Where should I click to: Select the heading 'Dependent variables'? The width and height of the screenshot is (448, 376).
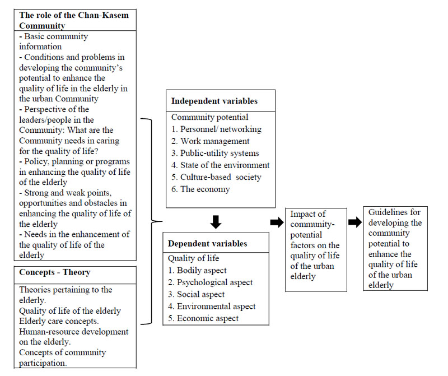tap(208, 244)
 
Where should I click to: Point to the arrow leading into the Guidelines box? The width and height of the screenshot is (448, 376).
tap(355, 222)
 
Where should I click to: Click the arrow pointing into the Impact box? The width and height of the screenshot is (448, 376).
tap(277, 222)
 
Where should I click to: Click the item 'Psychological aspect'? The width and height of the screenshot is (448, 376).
tap(210, 282)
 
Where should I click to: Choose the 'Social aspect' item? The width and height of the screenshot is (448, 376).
tap(197, 294)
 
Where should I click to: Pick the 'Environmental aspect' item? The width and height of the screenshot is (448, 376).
tap(212, 307)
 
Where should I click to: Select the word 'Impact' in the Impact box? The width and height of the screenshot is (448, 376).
tap(305, 214)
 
